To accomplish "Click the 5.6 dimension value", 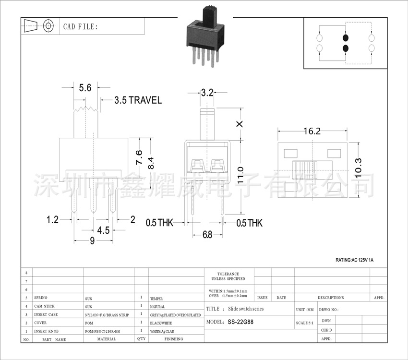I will tap(85, 88).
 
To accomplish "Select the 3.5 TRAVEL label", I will tap(138, 100).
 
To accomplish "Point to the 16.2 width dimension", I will tap(312, 131).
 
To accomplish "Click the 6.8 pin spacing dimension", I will tap(207, 235).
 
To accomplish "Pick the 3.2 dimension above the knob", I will tap(207, 93).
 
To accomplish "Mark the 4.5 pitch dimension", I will tap(103, 230).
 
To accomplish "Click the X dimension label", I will tap(240, 123).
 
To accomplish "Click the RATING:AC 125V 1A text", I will tap(354, 260).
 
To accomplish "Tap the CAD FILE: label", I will tap(80, 26).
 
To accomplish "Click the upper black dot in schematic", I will tap(345, 38).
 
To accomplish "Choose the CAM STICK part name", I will tap(44, 306).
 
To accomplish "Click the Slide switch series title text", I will tap(246, 309).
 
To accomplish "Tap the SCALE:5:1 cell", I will tap(305, 323).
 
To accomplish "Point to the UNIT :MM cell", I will tap(305, 310).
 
